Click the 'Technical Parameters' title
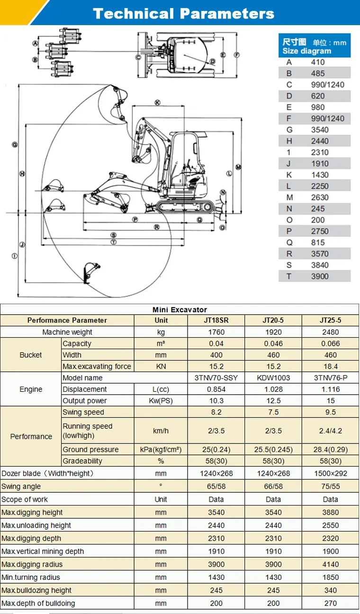coord(183,13)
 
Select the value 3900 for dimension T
coord(320,276)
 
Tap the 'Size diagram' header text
coord(306,51)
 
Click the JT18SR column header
coord(216,320)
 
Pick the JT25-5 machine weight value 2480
coord(330,332)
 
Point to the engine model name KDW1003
coord(273,378)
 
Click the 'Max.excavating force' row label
coord(97,366)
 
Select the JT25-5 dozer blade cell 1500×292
coord(330,473)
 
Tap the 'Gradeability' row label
coord(82,461)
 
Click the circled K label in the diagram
coord(157,102)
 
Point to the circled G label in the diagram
coord(15,144)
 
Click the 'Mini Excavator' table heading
coord(180,309)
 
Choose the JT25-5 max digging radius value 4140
coord(330,564)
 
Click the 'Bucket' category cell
coord(31,355)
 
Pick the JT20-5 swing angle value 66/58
coord(273,486)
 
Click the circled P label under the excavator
coord(135,220)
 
